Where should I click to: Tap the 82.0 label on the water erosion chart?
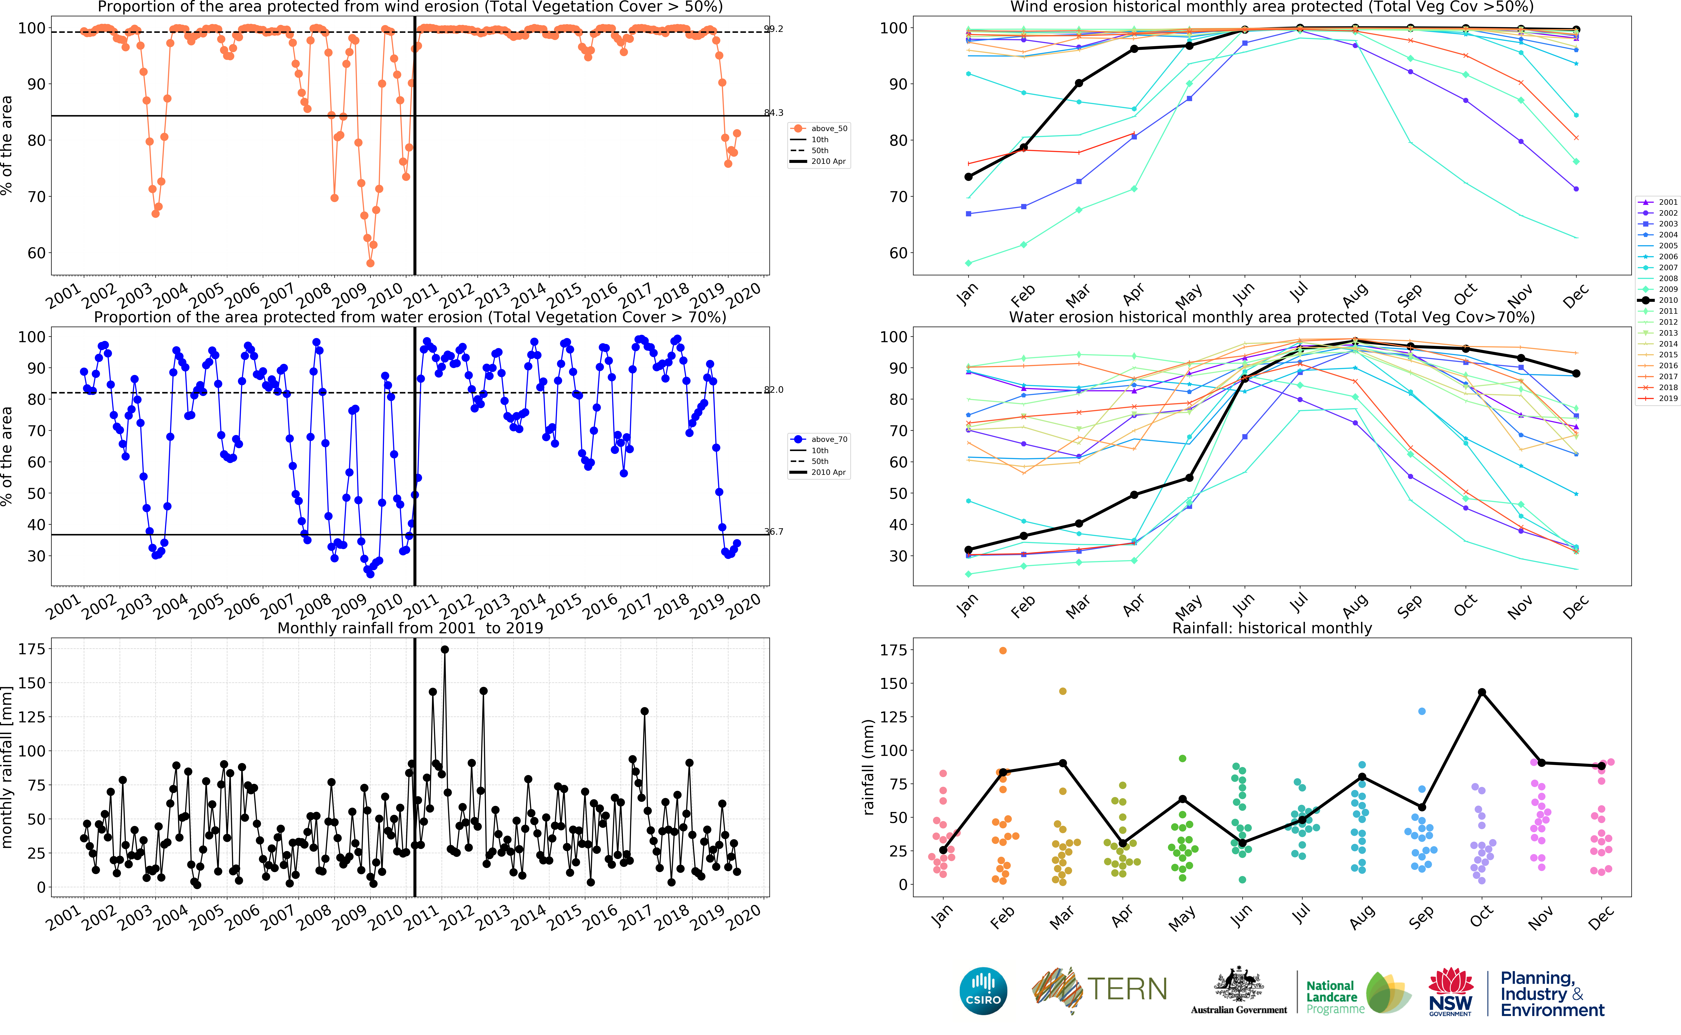click(774, 390)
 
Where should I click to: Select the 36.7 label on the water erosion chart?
click(774, 531)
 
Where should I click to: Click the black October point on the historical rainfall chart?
click(1482, 692)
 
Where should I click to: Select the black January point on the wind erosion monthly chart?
click(968, 177)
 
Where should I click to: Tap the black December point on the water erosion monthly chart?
click(1576, 374)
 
